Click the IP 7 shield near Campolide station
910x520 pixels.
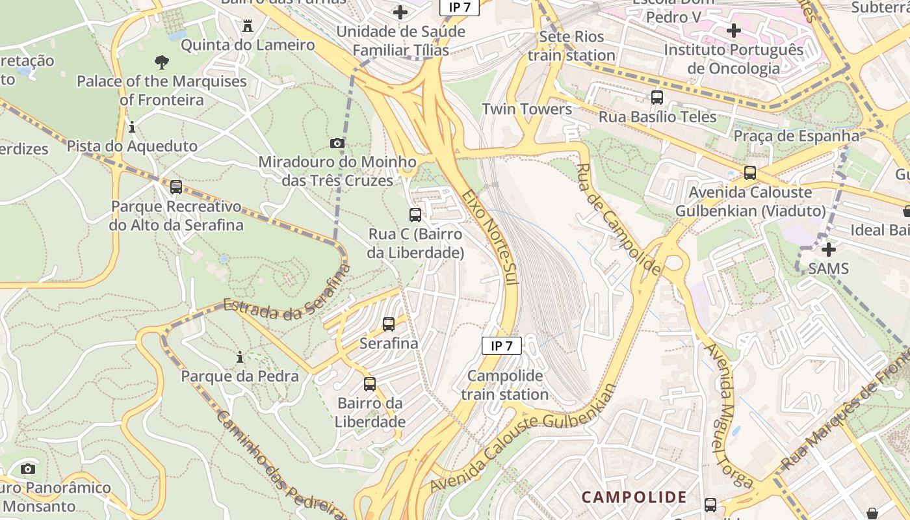pos(501,346)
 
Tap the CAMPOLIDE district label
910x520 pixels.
pos(634,497)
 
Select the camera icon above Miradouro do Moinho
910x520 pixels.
pos(337,143)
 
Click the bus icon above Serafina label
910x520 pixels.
pos(389,324)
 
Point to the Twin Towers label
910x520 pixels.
pos(526,109)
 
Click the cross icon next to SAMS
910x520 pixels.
pos(829,249)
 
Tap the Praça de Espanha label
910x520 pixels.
pos(796,136)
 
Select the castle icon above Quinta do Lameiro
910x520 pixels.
pos(247,27)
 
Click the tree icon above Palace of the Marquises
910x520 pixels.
pos(162,62)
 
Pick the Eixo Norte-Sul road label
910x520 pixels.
pos(491,237)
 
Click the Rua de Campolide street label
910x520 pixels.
pos(618,219)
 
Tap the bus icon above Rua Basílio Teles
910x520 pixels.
pos(657,97)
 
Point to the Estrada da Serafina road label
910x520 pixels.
pos(287,292)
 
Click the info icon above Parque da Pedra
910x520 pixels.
pos(240,357)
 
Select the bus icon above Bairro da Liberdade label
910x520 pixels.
pos(370,384)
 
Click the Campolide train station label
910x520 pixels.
pos(505,385)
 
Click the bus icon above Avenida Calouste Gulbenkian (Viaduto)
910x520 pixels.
pos(750,173)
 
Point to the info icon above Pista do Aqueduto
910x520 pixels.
pos(132,127)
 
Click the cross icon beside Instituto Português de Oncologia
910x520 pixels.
pos(734,31)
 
